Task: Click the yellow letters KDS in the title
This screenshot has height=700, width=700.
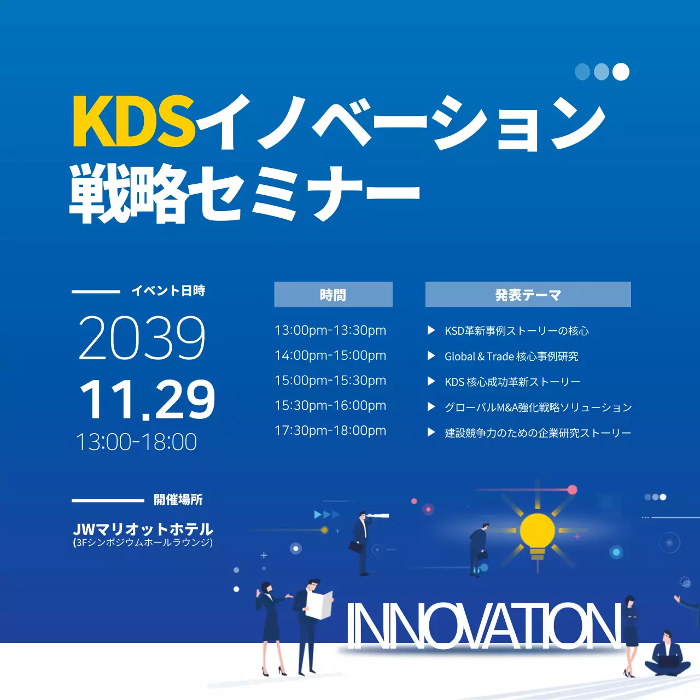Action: [133, 121]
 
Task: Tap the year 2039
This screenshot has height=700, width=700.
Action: [142, 337]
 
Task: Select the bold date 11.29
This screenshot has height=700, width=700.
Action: [147, 400]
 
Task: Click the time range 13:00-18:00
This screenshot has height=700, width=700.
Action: [136, 442]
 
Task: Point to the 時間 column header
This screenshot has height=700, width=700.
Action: [333, 295]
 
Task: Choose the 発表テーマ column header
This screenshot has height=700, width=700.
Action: [528, 295]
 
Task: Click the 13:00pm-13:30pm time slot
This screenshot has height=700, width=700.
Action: [330, 330]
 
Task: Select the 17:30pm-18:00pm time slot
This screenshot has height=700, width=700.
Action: [330, 431]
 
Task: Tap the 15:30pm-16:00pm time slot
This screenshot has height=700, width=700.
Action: [330, 406]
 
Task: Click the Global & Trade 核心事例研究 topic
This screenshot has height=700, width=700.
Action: [511, 357]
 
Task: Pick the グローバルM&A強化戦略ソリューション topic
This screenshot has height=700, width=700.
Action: [538, 407]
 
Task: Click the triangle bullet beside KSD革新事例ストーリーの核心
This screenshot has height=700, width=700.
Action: [431, 330]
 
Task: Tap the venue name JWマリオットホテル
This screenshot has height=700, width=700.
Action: [143, 529]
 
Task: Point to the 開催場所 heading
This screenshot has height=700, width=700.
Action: [178, 499]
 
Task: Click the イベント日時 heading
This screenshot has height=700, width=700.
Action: [168, 290]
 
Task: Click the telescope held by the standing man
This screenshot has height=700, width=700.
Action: [378, 515]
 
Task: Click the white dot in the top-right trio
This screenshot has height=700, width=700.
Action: [621, 72]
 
